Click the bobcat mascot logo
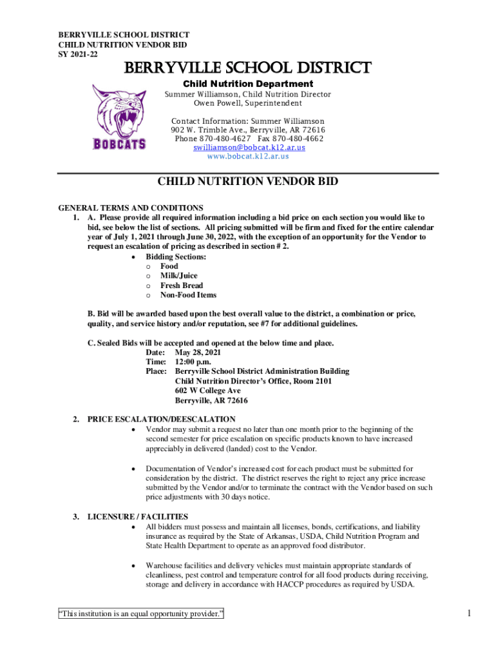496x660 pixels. click(119, 116)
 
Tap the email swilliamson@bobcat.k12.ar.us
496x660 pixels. click(249, 148)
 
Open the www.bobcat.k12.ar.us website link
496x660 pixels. click(248, 156)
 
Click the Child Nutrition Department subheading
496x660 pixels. click(248, 84)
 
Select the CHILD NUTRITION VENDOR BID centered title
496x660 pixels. click(248, 182)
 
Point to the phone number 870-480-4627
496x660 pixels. click(223, 139)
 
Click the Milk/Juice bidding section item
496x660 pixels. click(178, 276)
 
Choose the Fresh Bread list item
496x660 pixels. click(181, 286)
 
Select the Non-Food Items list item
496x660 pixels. click(188, 295)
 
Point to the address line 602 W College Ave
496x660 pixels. click(207, 391)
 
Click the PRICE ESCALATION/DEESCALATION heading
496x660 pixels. click(162, 420)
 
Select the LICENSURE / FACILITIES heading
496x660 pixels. click(138, 517)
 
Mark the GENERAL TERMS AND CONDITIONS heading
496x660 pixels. click(131, 208)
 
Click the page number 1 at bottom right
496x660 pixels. click(470, 614)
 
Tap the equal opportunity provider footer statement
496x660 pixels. click(140, 614)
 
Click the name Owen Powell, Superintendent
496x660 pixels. click(248, 103)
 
